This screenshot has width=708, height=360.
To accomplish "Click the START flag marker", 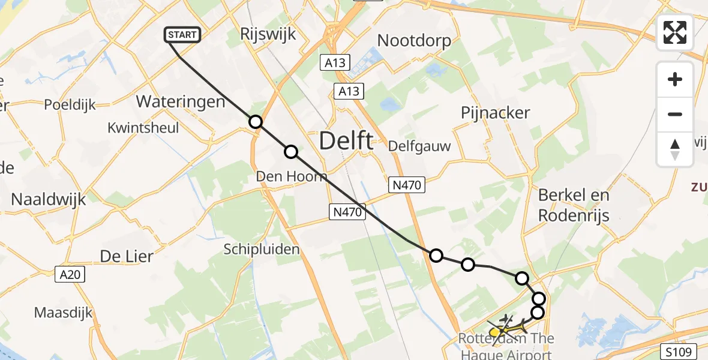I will [x=182, y=35].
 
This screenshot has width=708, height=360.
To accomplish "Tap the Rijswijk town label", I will [x=268, y=34].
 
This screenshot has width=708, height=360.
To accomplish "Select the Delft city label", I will [x=346, y=141].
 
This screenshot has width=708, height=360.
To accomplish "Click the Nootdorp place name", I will [x=414, y=40].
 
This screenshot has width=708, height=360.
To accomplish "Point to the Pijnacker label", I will [x=496, y=113].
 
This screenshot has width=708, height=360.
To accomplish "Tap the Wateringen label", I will [x=181, y=101].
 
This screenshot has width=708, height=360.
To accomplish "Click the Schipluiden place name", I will [x=261, y=249].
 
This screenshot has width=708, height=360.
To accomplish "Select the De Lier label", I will [x=127, y=256].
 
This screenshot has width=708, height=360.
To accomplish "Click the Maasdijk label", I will [x=64, y=313].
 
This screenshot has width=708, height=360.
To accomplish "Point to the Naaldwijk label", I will [x=49, y=199].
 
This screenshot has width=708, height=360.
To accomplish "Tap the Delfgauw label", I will [x=419, y=146].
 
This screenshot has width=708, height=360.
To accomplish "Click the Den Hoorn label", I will [x=292, y=176].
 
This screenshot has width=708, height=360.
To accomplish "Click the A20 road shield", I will [x=72, y=274].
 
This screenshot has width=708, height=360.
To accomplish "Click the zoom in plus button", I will [x=675, y=80].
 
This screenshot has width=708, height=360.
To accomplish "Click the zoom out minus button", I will [x=675, y=115].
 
